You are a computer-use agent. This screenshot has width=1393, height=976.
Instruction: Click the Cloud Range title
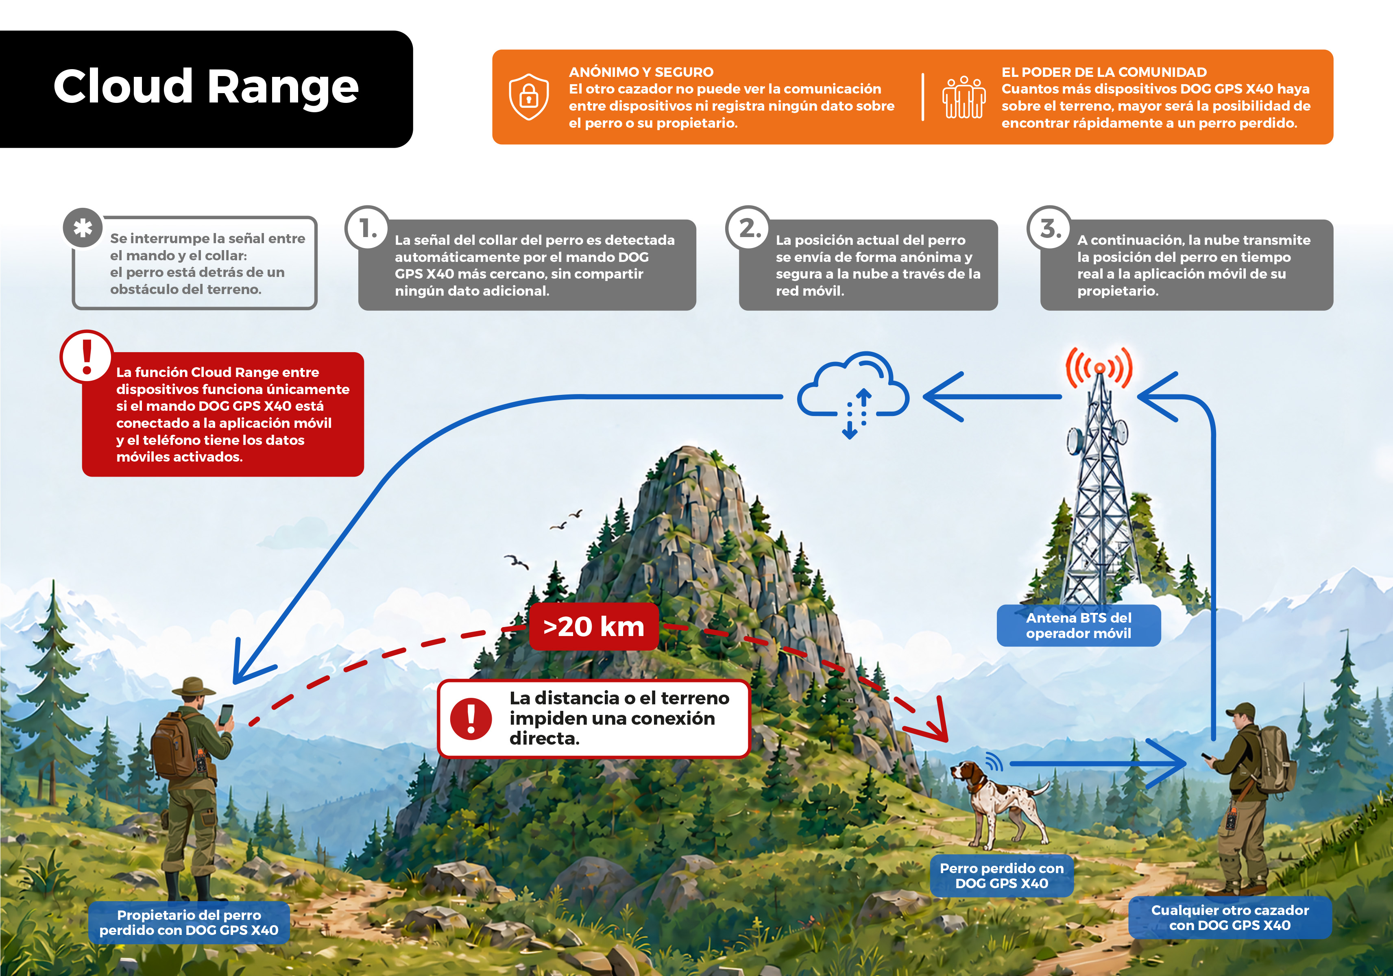pos(206,87)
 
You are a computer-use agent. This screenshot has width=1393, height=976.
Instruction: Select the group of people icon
pos(964,97)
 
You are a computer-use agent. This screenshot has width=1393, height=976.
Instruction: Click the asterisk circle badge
pos(83,228)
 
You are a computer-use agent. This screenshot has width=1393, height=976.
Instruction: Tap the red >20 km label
pos(593,627)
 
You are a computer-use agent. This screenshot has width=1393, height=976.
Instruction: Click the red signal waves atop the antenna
pos(1099,368)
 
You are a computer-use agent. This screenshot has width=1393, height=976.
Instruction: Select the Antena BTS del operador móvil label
pos(1079,625)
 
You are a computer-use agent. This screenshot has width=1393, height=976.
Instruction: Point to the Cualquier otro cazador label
pos(1230,918)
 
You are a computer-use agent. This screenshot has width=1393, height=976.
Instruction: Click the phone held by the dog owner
pos(226,715)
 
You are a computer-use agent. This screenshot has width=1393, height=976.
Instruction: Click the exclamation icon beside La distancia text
pos(471,719)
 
